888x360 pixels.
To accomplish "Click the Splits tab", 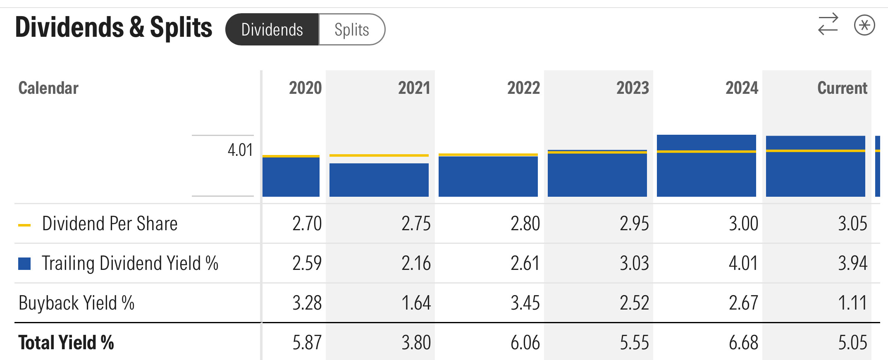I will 352,30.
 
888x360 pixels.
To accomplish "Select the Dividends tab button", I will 272,30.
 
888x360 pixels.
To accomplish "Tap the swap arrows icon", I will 828,24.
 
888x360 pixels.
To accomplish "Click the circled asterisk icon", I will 864,25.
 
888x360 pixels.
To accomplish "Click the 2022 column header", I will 523,88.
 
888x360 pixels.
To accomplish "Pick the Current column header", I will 842,88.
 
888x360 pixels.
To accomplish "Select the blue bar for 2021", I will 379,180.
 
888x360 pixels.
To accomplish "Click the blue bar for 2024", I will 707,174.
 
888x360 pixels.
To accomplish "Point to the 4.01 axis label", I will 240,150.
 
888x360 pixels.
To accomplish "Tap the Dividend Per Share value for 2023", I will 634,224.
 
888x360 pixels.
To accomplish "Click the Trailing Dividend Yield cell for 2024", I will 743,263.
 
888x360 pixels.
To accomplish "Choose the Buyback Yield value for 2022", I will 525,303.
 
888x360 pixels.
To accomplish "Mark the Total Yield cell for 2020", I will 307,343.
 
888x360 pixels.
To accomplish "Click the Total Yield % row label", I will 66,343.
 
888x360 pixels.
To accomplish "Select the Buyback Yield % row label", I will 76,303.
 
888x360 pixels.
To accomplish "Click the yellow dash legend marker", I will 24,225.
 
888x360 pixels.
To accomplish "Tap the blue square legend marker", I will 24,264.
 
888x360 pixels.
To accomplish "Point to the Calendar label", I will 48,88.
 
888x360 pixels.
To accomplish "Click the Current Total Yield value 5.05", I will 852,343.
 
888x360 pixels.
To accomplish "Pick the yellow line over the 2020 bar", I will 291,156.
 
